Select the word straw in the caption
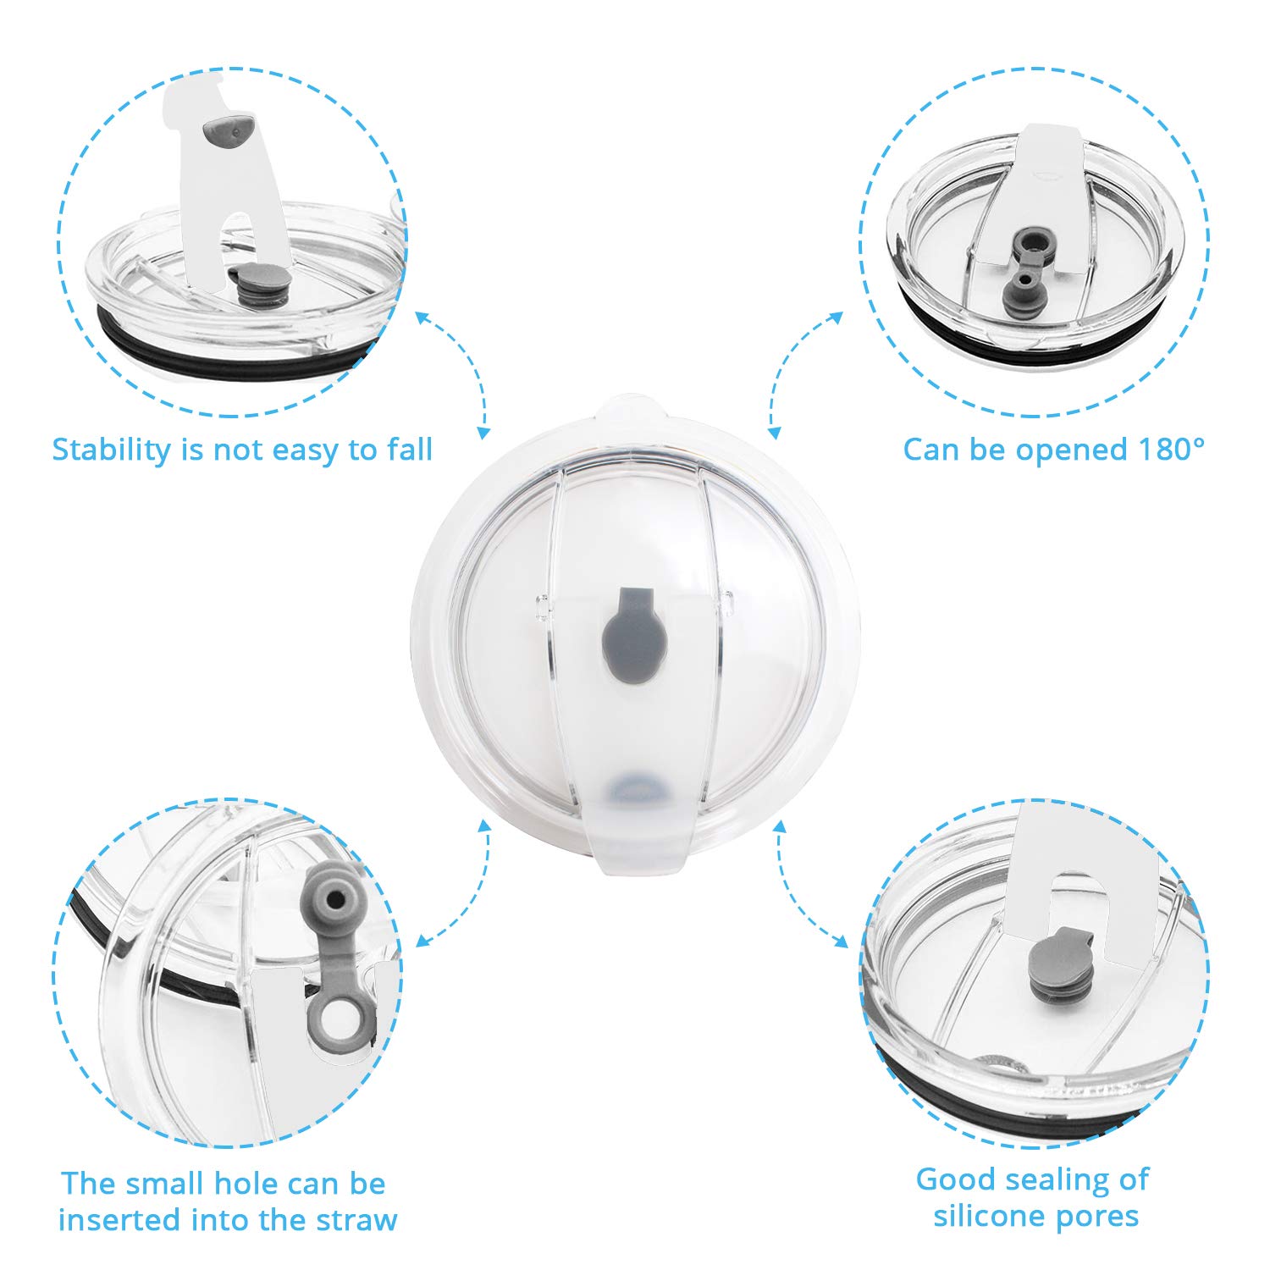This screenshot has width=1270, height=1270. pyautogui.click(x=356, y=1220)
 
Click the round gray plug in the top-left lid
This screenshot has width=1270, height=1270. pyautogui.click(x=251, y=284)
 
